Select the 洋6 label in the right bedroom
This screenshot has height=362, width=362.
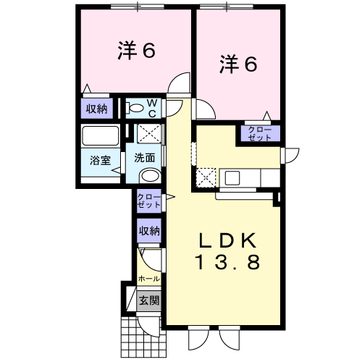238,64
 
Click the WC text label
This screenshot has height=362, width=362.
153,108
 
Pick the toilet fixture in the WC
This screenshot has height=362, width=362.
136,108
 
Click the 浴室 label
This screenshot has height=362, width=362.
100,161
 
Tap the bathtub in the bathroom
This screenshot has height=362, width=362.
100,136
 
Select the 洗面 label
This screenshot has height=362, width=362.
145,157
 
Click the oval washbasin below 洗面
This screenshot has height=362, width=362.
150,175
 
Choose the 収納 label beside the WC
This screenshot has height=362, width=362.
97,109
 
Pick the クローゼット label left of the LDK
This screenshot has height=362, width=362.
149,201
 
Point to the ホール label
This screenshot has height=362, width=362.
148,278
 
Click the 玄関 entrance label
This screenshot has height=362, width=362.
149,300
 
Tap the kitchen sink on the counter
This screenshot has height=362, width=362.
233,177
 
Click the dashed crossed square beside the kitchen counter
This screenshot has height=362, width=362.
206,176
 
